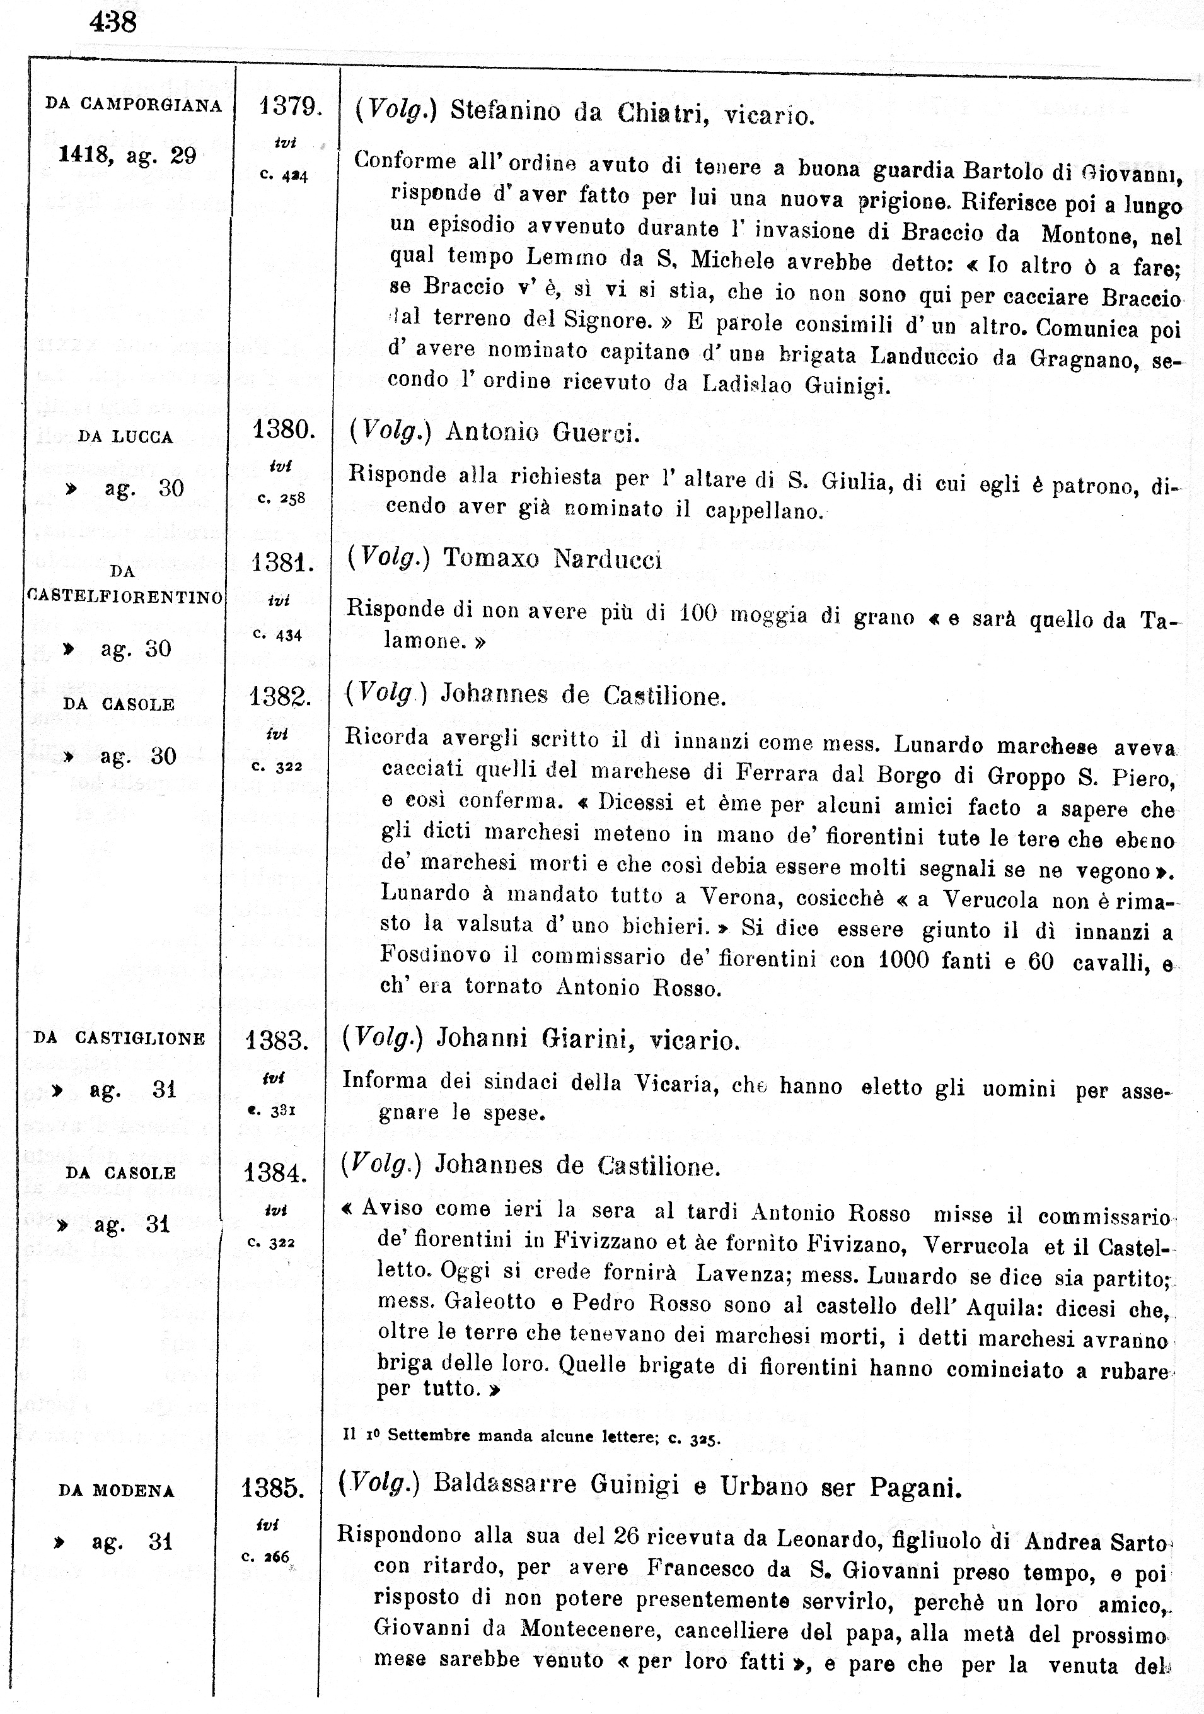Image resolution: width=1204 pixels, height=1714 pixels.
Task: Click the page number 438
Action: point(113,23)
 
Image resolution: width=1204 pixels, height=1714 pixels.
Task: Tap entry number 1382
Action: point(280,696)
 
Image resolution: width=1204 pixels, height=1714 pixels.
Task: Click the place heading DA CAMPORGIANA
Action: point(134,105)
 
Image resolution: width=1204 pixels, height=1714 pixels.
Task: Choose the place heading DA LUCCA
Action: point(125,437)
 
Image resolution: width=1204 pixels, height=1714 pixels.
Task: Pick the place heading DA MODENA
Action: point(117,1490)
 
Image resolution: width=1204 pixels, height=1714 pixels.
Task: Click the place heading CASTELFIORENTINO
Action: point(125,598)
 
